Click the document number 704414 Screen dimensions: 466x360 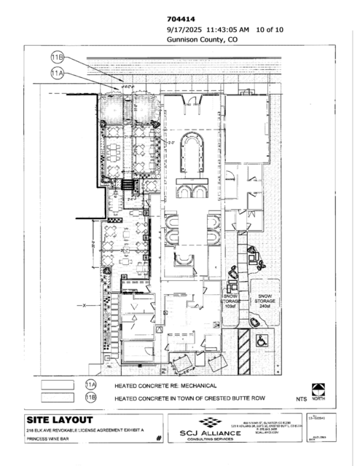(179, 19)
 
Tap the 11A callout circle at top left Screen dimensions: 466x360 (58, 73)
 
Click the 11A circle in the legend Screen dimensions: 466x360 (91, 384)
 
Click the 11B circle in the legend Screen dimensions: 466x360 (91, 398)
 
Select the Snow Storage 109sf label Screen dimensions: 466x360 (232, 301)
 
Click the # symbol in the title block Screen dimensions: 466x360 (157, 440)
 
